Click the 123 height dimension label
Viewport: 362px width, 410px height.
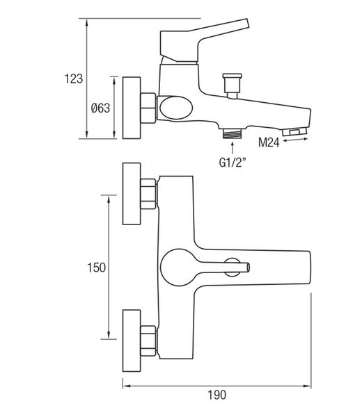point(74,79)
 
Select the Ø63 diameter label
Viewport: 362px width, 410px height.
point(100,108)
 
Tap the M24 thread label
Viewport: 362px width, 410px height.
point(269,142)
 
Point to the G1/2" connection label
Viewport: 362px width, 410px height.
point(233,163)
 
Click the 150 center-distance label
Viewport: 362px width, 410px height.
point(96,268)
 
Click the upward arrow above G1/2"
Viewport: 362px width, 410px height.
point(233,147)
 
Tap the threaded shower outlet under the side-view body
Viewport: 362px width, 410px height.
point(232,133)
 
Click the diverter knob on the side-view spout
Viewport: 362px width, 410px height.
point(232,85)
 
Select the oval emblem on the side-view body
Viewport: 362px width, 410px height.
point(176,108)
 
